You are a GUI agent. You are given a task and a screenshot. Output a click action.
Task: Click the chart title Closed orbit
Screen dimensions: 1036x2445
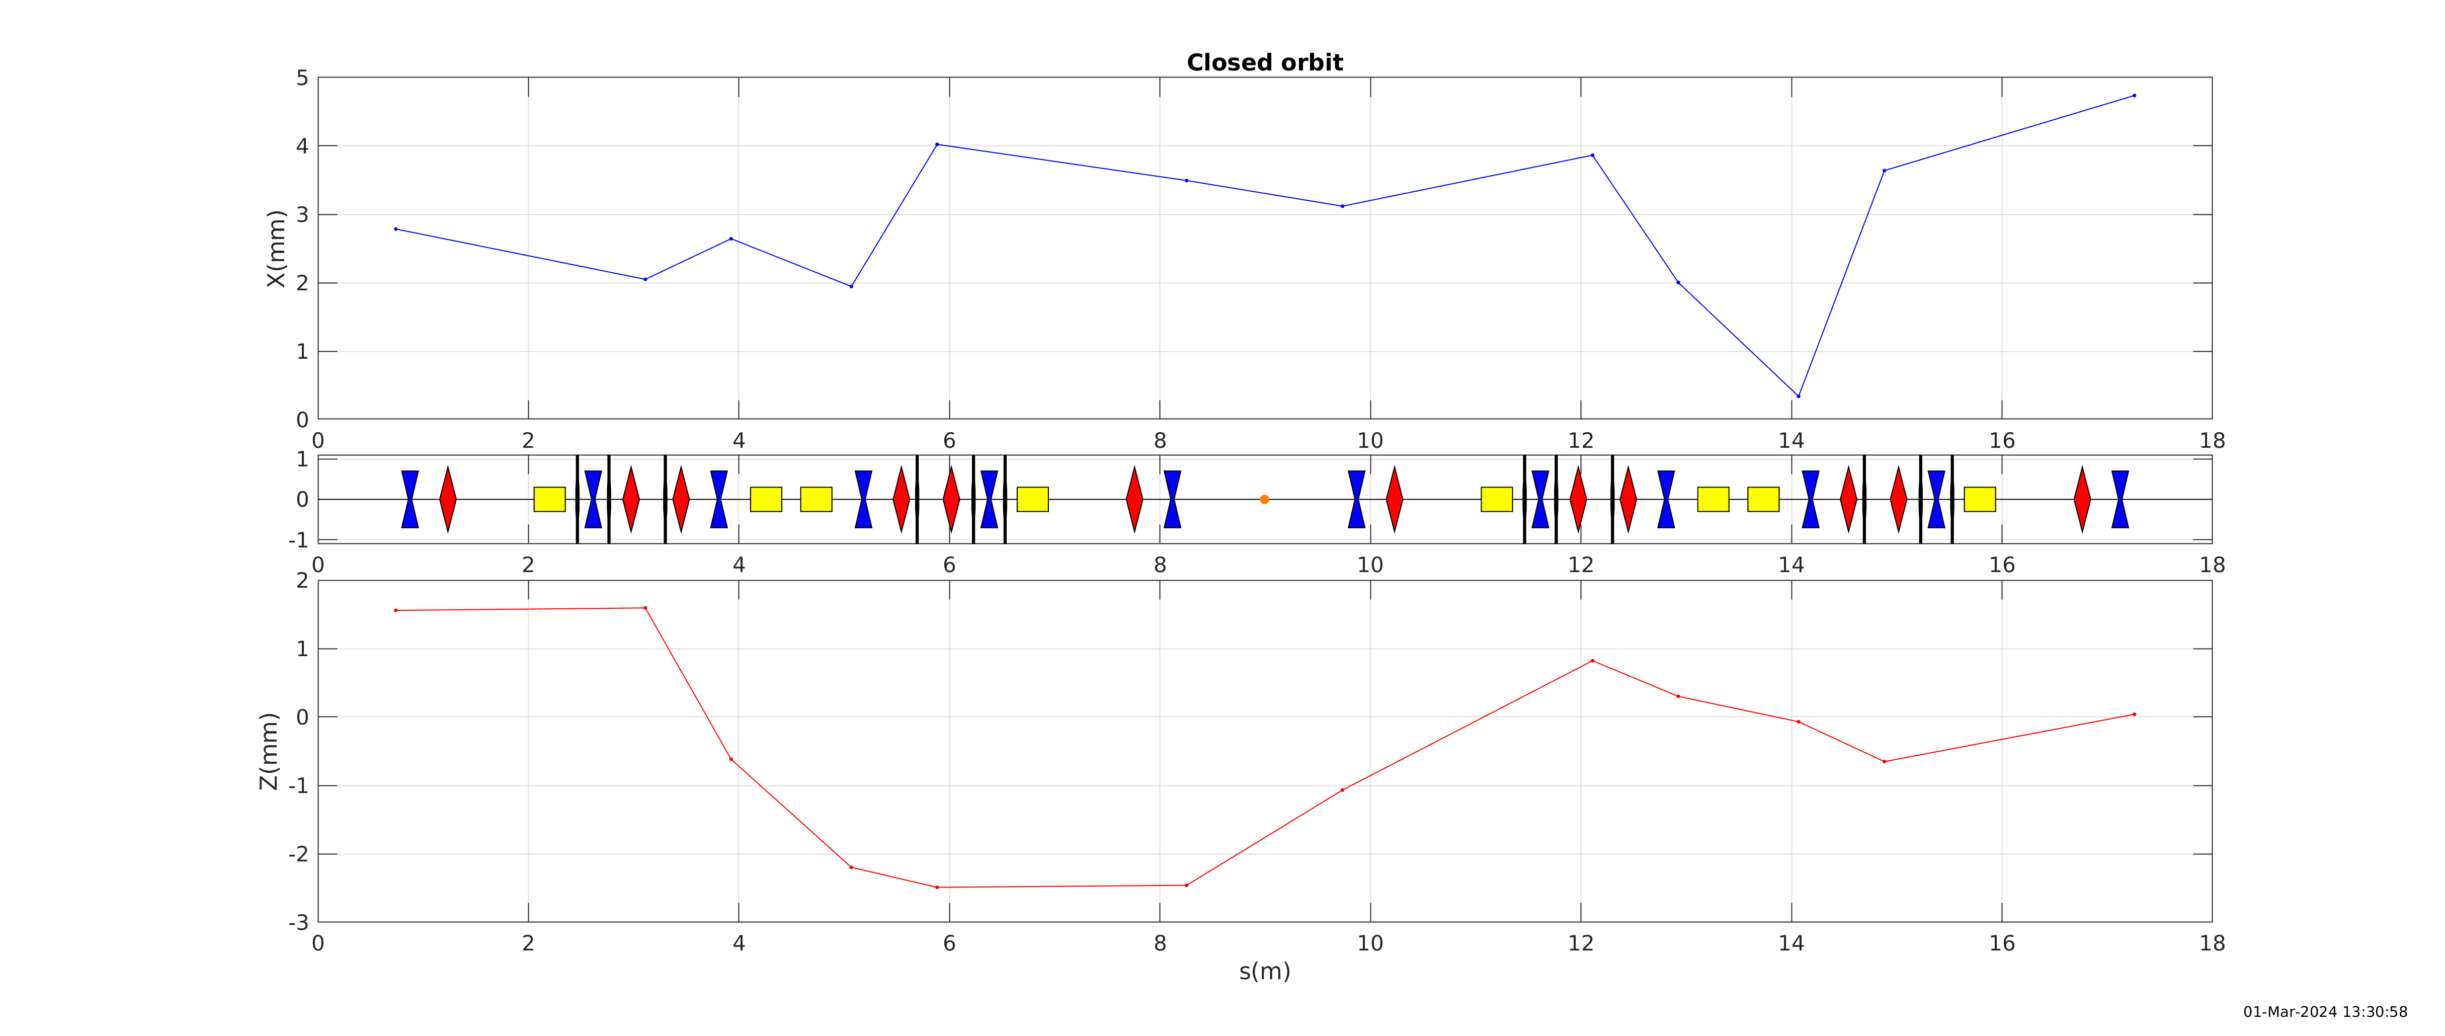1264,63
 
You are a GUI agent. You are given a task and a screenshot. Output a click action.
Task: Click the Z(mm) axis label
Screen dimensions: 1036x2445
270,751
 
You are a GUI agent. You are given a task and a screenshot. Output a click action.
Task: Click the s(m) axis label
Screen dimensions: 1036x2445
1264,972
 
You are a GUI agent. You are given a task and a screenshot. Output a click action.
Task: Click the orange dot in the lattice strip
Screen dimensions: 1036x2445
1264,500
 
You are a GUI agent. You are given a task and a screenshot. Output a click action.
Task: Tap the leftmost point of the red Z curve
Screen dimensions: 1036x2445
396,611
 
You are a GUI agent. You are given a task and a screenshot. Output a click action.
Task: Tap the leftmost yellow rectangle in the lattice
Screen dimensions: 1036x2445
549,500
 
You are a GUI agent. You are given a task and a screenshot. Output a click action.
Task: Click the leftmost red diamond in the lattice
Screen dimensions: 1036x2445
448,500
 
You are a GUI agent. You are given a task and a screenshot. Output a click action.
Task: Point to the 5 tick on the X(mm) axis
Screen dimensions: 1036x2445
302,78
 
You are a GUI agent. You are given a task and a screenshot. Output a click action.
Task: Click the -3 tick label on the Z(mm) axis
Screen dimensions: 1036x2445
298,922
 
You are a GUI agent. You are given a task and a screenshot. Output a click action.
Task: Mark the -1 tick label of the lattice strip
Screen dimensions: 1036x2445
298,540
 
